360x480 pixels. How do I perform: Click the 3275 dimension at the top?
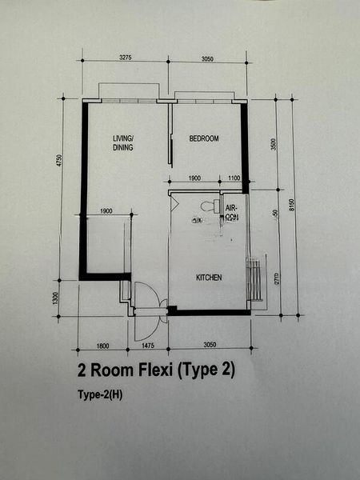coord(119,58)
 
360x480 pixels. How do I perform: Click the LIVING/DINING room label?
coord(122,143)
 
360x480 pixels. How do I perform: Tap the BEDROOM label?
coord(203,139)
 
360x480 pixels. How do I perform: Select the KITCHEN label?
coord(209,278)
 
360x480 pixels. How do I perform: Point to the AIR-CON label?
coord(231,212)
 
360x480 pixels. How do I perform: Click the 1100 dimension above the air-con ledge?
coord(234,178)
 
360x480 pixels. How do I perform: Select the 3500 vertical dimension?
coord(273,145)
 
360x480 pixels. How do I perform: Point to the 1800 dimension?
coord(102,346)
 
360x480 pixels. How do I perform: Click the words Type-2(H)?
coord(99,394)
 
